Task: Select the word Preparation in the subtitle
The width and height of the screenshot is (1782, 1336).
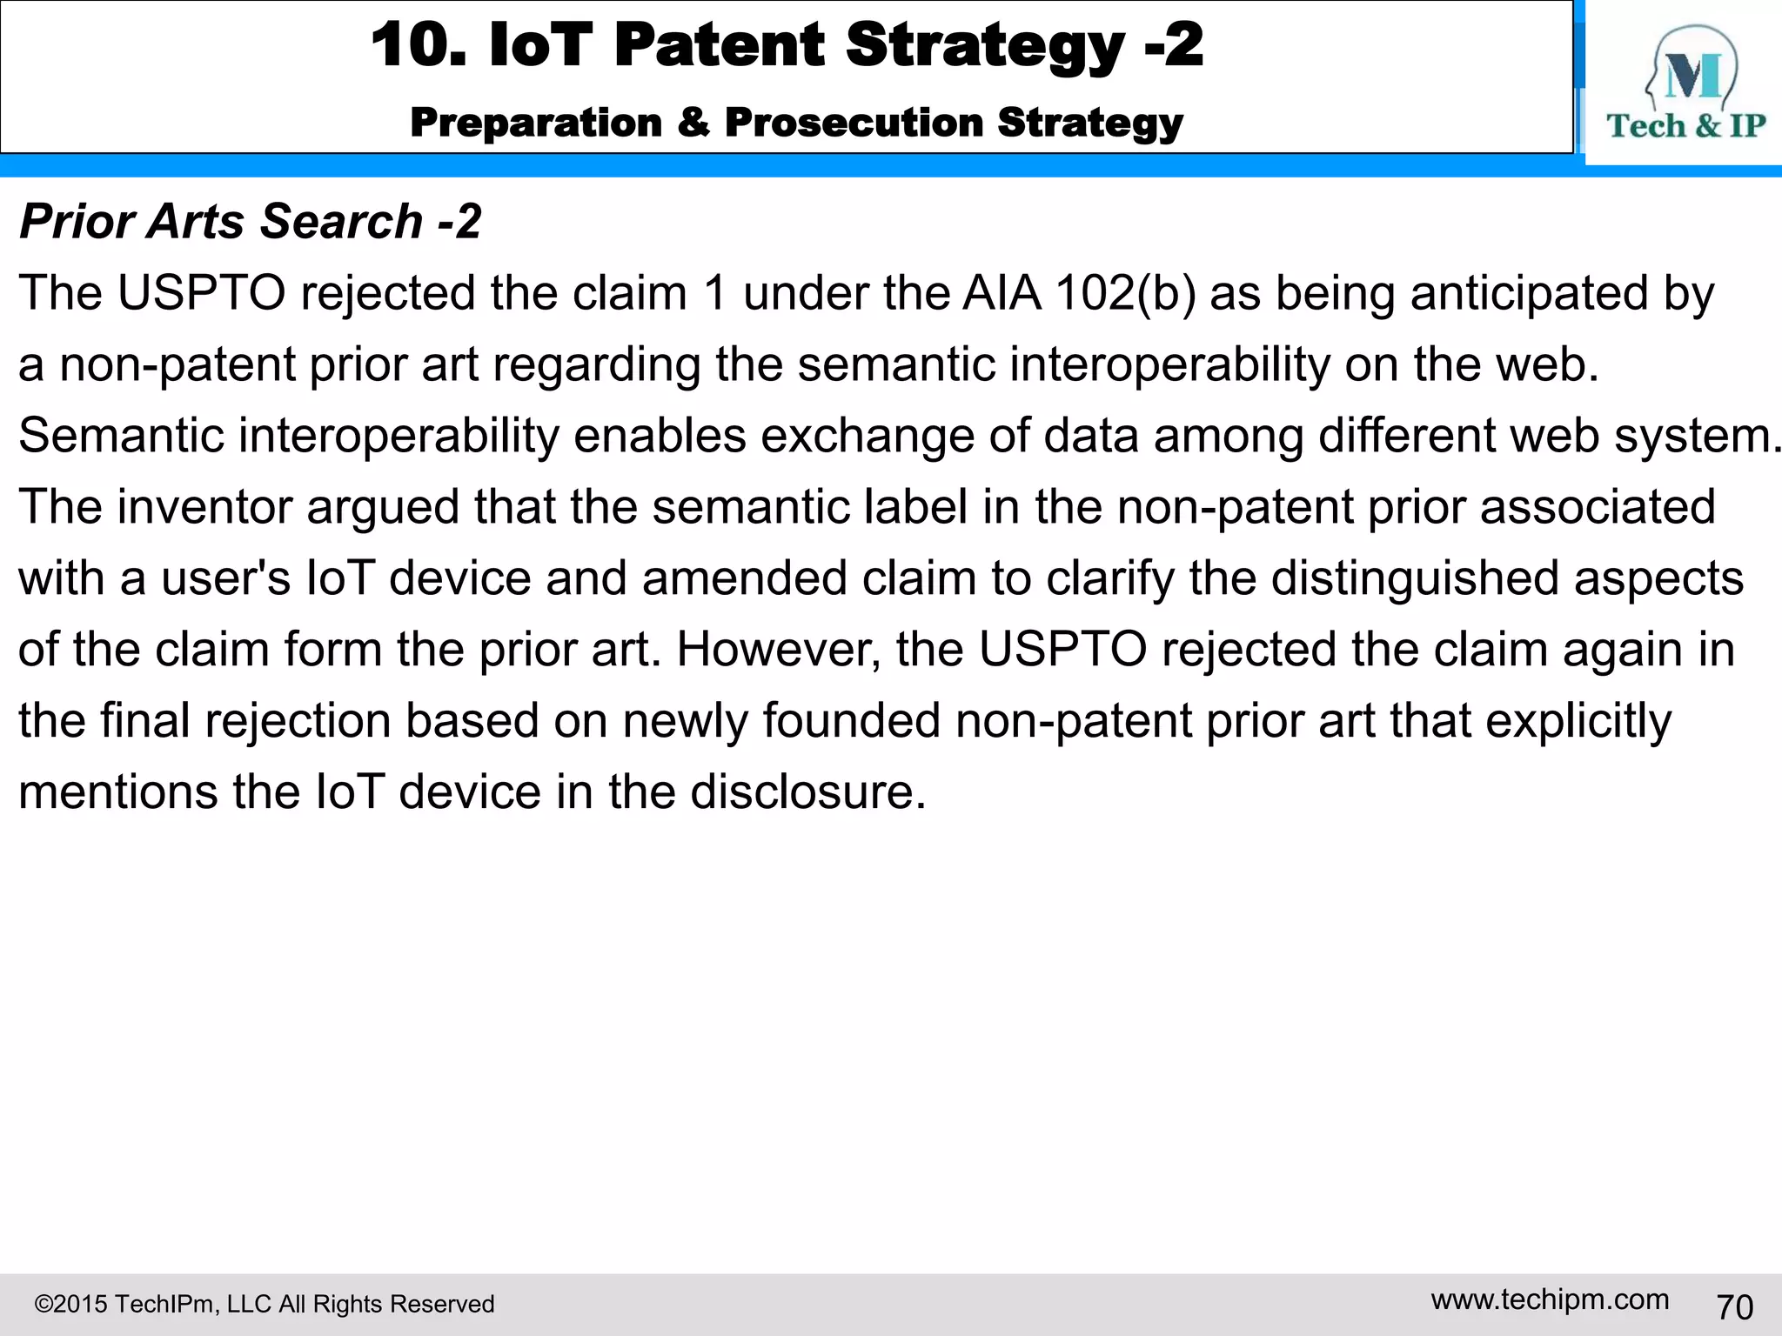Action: click(536, 123)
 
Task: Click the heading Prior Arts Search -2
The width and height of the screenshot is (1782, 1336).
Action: click(250, 221)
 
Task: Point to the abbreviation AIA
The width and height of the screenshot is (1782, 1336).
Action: click(1002, 293)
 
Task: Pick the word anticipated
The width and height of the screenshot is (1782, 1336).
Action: click(1530, 293)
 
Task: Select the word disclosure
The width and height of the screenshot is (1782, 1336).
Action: click(808, 792)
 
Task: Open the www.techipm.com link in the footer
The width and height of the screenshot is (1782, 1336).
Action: click(1550, 1299)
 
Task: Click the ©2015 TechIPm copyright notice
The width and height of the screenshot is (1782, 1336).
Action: click(265, 1304)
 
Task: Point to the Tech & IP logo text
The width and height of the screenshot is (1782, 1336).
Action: click(1686, 126)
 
